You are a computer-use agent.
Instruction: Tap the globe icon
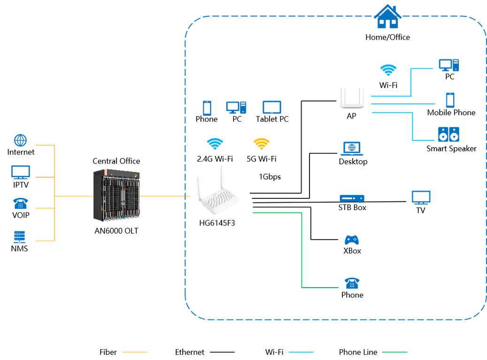21,140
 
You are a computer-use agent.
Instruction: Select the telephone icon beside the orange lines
20,203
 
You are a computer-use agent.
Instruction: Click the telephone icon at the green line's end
351,282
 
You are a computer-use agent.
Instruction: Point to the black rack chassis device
116,195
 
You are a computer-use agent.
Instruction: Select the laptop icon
352,149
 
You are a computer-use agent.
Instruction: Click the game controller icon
352,240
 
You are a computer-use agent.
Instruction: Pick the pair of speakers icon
448,134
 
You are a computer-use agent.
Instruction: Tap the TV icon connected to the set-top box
420,197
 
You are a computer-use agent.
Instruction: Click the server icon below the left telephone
19,236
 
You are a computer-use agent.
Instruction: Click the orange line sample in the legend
135,352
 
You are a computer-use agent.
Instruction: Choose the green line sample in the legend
394,352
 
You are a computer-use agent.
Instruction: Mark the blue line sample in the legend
301,352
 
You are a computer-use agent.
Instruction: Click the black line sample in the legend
222,352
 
